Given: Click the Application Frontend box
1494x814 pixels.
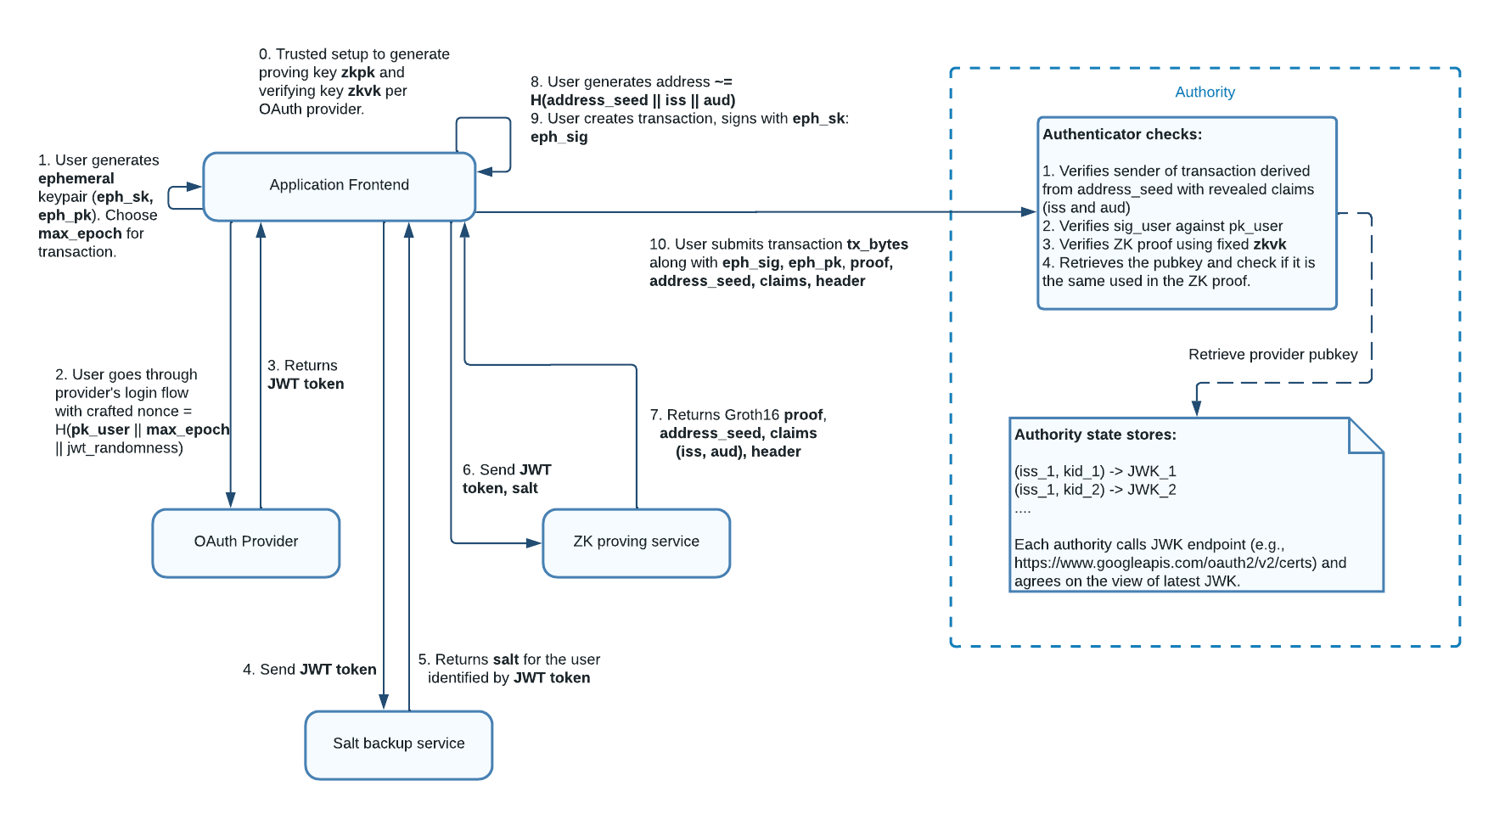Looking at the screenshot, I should point(339,186).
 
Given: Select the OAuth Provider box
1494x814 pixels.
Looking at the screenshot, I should point(246,542).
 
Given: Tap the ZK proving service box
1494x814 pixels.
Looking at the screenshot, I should point(636,542).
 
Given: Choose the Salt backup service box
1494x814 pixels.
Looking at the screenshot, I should point(398,744).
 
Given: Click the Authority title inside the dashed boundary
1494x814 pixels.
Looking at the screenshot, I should point(1205,93).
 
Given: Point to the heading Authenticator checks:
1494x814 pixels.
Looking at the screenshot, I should point(1121,134).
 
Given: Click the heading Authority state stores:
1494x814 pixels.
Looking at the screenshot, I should point(1095,435).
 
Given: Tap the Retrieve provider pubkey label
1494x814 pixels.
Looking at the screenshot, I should point(1272,355).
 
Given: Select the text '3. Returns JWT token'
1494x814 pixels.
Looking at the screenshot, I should point(305,374).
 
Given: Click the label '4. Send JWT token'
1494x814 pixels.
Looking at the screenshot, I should point(309,670).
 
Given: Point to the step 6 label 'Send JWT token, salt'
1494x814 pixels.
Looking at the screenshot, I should point(506,479).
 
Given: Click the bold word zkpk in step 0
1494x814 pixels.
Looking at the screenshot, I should point(357,73).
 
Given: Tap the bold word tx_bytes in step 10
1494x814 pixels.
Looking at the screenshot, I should point(877,244).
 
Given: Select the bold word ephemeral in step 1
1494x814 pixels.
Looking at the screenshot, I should point(76,178).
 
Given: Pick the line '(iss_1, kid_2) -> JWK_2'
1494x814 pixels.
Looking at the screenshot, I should point(1095,490).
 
